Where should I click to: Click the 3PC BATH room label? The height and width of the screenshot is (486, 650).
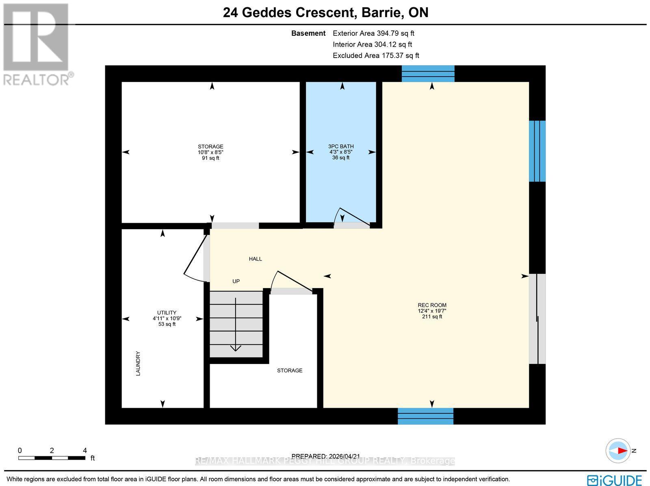tap(341, 146)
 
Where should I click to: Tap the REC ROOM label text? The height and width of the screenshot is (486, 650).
tap(432, 305)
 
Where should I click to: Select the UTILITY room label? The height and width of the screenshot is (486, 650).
tap(167, 312)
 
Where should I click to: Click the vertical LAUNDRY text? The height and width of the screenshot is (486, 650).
tap(138, 363)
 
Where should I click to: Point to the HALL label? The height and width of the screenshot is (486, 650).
tap(256, 259)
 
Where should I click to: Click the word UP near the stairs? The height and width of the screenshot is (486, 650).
tap(236, 281)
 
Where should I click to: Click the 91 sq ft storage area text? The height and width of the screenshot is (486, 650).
tap(210, 158)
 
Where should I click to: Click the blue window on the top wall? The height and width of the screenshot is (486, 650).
tap(428, 73)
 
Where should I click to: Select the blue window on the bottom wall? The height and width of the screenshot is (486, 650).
tap(425, 416)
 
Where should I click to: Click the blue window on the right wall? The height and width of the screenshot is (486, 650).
tap(537, 151)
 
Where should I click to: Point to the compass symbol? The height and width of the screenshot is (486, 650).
tap(618, 451)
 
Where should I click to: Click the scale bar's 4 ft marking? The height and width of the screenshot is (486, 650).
tap(84, 450)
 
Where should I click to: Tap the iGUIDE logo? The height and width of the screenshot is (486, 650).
tap(615, 480)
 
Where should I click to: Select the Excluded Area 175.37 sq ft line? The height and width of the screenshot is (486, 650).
tap(376, 56)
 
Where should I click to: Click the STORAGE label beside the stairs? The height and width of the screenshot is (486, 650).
tap(290, 370)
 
